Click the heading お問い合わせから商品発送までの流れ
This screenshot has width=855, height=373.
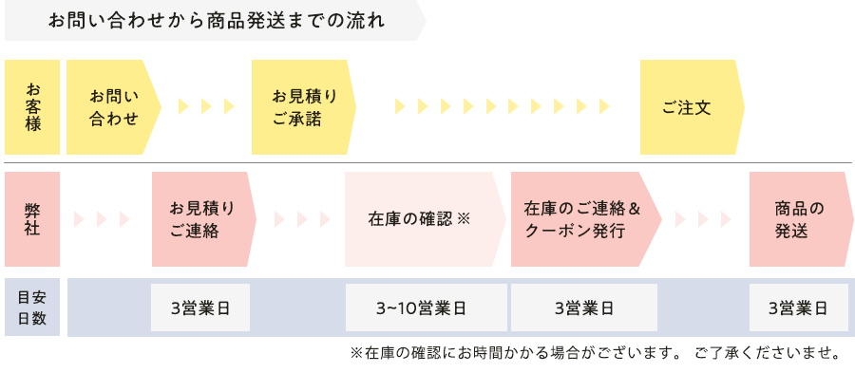click(x=217, y=21)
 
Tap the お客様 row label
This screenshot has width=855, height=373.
click(x=32, y=107)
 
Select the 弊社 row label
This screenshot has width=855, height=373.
click(x=32, y=219)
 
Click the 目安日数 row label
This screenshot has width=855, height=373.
click(x=32, y=308)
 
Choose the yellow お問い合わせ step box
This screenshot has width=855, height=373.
click(x=112, y=107)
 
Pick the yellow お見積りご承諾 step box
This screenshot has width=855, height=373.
click(x=302, y=107)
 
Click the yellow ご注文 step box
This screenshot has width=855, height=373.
click(x=688, y=107)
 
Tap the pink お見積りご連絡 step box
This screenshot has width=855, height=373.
click(x=201, y=219)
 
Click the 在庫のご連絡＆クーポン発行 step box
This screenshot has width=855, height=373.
click(x=581, y=219)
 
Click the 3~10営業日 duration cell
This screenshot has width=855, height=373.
click(x=421, y=308)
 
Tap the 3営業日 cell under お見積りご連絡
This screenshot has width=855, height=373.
click(x=199, y=308)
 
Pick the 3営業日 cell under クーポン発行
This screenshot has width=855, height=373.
click(x=583, y=308)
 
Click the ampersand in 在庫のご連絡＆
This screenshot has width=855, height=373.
click(x=636, y=208)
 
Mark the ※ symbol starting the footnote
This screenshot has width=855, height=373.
click(x=357, y=354)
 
